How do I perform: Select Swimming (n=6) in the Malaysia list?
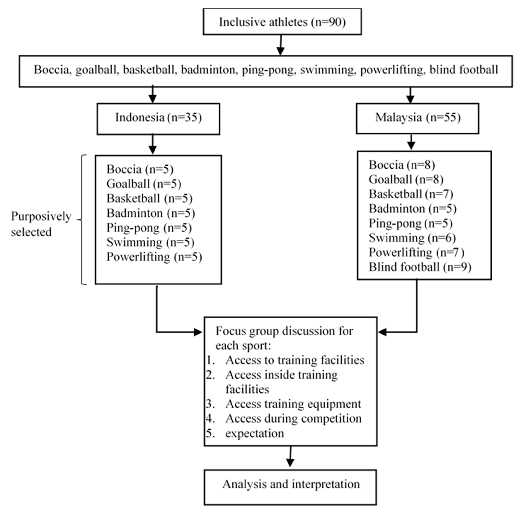(x=412, y=238)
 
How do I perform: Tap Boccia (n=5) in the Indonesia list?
(x=140, y=169)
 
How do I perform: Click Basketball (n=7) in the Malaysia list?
(x=411, y=194)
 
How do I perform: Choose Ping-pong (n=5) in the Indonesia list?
(x=149, y=228)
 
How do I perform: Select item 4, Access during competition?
(x=293, y=419)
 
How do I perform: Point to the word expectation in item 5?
(x=254, y=433)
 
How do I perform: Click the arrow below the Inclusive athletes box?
(x=281, y=46)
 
